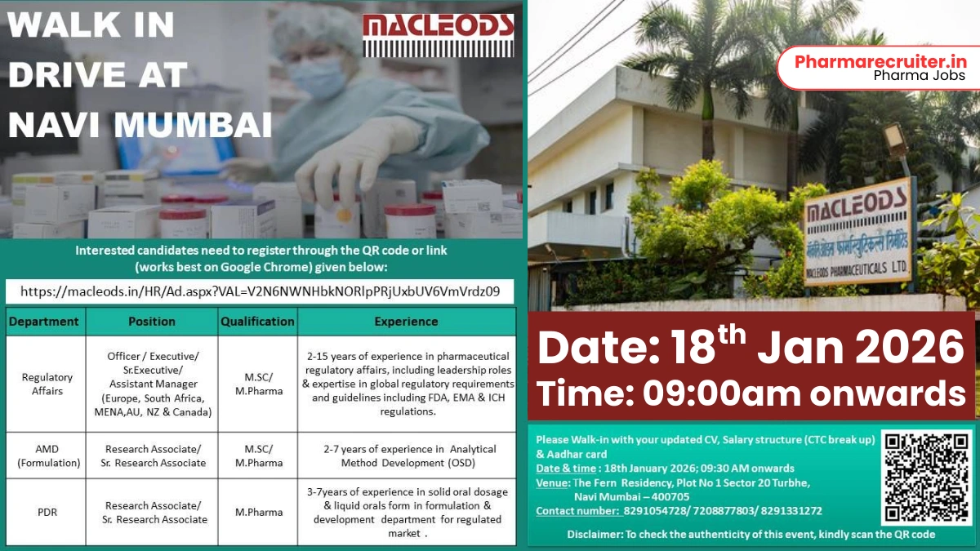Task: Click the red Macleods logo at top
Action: pos(439,35)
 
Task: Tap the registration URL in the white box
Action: pos(260,291)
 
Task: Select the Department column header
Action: pos(44,322)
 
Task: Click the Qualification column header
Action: pos(257,322)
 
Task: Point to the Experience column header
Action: pos(406,322)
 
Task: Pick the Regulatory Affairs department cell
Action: pos(47,384)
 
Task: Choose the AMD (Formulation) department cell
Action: pos(48,455)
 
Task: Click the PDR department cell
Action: pos(47,512)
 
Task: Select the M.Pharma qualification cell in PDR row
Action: pos(259,512)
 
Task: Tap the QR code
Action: pos(926,478)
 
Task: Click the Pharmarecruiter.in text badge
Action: pos(880,68)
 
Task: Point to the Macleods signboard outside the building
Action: pos(857,233)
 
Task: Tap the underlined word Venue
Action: pos(553,482)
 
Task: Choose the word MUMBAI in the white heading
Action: pos(193,125)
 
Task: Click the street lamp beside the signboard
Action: pos(896,144)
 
